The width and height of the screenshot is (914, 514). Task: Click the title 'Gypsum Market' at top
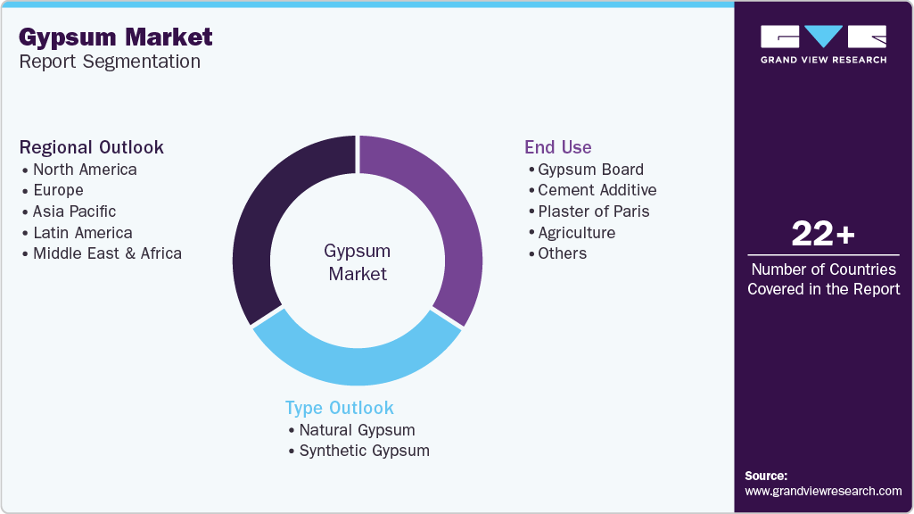coord(116,37)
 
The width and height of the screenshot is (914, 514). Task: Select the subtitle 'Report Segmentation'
coord(110,62)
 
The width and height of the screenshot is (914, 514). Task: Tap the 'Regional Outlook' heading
coord(92,147)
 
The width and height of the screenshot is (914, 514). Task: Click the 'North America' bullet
coord(85,170)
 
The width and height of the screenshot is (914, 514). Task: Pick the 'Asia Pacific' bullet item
coord(74,211)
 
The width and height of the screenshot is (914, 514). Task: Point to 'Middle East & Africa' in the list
coord(107,253)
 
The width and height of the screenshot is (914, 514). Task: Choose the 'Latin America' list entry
coord(82,233)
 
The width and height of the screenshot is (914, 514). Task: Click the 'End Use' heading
coord(557,147)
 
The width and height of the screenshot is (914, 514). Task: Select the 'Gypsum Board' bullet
coord(590,170)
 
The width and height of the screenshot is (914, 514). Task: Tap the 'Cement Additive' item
coord(597,190)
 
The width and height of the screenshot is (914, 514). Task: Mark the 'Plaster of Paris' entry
coord(594,211)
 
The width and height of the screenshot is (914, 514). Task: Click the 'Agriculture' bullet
coord(576,233)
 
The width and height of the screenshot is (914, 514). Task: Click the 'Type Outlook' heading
coord(339,408)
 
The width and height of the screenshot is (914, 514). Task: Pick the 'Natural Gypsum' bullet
coord(357,430)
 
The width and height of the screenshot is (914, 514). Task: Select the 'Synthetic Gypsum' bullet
coord(364,451)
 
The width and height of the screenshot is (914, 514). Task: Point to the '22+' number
coord(823,234)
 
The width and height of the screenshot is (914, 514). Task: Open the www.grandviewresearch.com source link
coord(823,491)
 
